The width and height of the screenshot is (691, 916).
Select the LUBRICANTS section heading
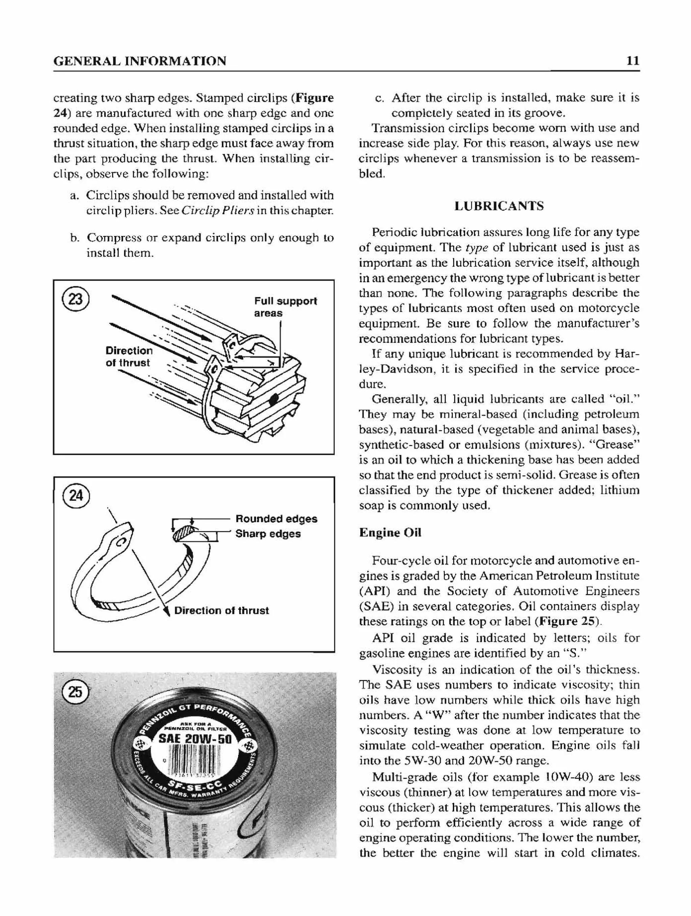click(x=499, y=206)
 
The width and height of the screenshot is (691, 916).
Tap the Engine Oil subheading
click(x=390, y=532)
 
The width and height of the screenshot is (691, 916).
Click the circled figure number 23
click(x=75, y=299)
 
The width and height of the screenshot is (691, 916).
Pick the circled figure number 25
click(x=75, y=692)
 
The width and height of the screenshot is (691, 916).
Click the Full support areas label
click(x=285, y=307)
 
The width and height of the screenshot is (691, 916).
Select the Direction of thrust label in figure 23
click(x=129, y=357)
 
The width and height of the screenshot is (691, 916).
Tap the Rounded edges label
click(x=276, y=519)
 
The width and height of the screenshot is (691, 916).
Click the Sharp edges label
click(x=268, y=534)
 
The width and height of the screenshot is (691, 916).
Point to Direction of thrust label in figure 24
click(x=221, y=610)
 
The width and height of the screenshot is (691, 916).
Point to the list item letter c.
click(x=378, y=98)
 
